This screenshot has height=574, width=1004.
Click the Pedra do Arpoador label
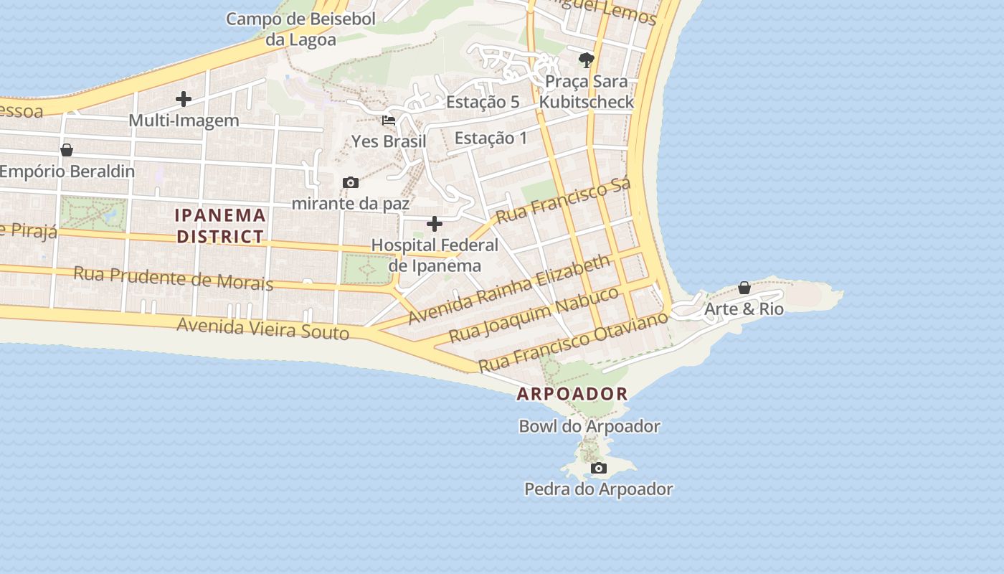pyautogui.click(x=598, y=489)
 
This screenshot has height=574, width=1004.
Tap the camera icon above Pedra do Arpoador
pyautogui.click(x=598, y=469)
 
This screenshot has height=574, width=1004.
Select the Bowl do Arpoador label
pyautogui.click(x=589, y=426)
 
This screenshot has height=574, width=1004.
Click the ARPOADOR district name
pyautogui.click(x=572, y=394)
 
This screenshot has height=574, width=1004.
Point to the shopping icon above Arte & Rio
pyautogui.click(x=744, y=288)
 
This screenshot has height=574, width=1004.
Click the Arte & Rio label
pyautogui.click(x=744, y=309)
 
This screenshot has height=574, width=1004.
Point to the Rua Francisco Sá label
pyautogui.click(x=563, y=200)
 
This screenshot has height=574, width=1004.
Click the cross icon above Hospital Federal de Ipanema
pyautogui.click(x=434, y=225)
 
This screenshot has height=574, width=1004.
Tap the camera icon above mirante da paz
pyautogui.click(x=350, y=183)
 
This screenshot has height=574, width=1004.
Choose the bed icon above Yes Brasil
pyautogui.click(x=389, y=121)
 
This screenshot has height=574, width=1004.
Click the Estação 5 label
pyautogui.click(x=483, y=102)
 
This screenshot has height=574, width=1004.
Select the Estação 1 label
pyautogui.click(x=491, y=138)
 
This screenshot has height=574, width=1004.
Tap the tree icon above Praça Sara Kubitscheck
pyautogui.click(x=586, y=60)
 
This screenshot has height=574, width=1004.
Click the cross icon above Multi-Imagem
pyautogui.click(x=184, y=99)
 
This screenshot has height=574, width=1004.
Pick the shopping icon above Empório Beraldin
pyautogui.click(x=67, y=150)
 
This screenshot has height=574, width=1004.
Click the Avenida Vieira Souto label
pyautogui.click(x=262, y=328)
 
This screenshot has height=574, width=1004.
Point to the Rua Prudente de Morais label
pyautogui.click(x=173, y=278)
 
